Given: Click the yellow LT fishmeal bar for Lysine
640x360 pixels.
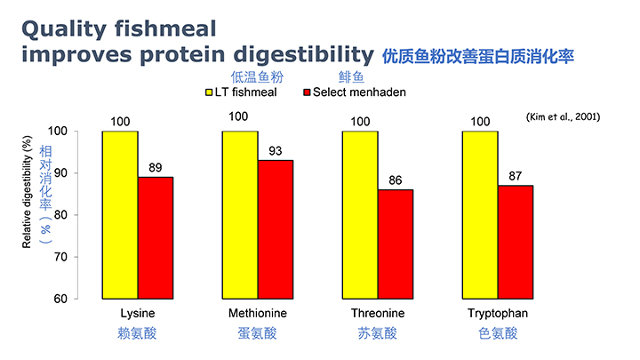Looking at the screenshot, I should tap(120, 214).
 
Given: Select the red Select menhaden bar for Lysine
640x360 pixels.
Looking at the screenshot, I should tap(156, 237).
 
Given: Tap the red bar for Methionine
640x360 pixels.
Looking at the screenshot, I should tap(276, 229).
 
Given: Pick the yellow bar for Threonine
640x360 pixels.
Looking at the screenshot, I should tap(360, 214).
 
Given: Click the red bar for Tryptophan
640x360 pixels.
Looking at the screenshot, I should tap(516, 242).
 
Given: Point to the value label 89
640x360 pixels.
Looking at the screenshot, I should tap(156, 168).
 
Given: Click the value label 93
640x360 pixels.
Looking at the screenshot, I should tap(276, 151).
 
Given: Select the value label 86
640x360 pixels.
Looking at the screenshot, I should tap(396, 180).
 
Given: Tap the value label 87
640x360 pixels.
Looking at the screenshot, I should tap(516, 176).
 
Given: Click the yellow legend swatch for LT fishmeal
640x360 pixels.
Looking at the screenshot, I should tap(209, 92).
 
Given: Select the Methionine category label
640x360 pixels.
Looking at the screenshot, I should tap(258, 314).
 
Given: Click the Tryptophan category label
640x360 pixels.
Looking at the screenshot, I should tap(498, 314).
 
